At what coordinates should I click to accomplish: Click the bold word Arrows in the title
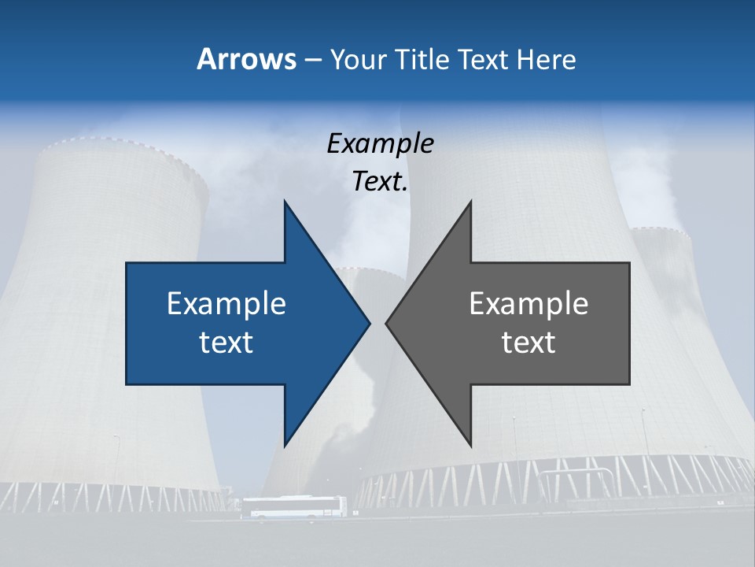pyautogui.click(x=245, y=59)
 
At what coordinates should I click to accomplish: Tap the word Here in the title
pyautogui.click(x=547, y=59)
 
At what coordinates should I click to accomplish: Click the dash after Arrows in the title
pyautogui.click(x=312, y=60)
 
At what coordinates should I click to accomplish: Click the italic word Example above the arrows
pyautogui.click(x=380, y=143)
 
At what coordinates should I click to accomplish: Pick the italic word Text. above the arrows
pyautogui.click(x=380, y=182)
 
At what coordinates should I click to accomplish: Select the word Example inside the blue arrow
pyautogui.click(x=226, y=303)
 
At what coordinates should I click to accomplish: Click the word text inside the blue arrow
pyautogui.click(x=226, y=342)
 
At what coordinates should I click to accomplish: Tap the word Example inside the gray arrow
pyautogui.click(x=528, y=303)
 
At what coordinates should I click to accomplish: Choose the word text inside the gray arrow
pyautogui.click(x=528, y=342)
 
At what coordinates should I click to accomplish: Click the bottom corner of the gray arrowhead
pyautogui.click(x=470, y=443)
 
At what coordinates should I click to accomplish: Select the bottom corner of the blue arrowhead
pyautogui.click(x=285, y=443)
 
